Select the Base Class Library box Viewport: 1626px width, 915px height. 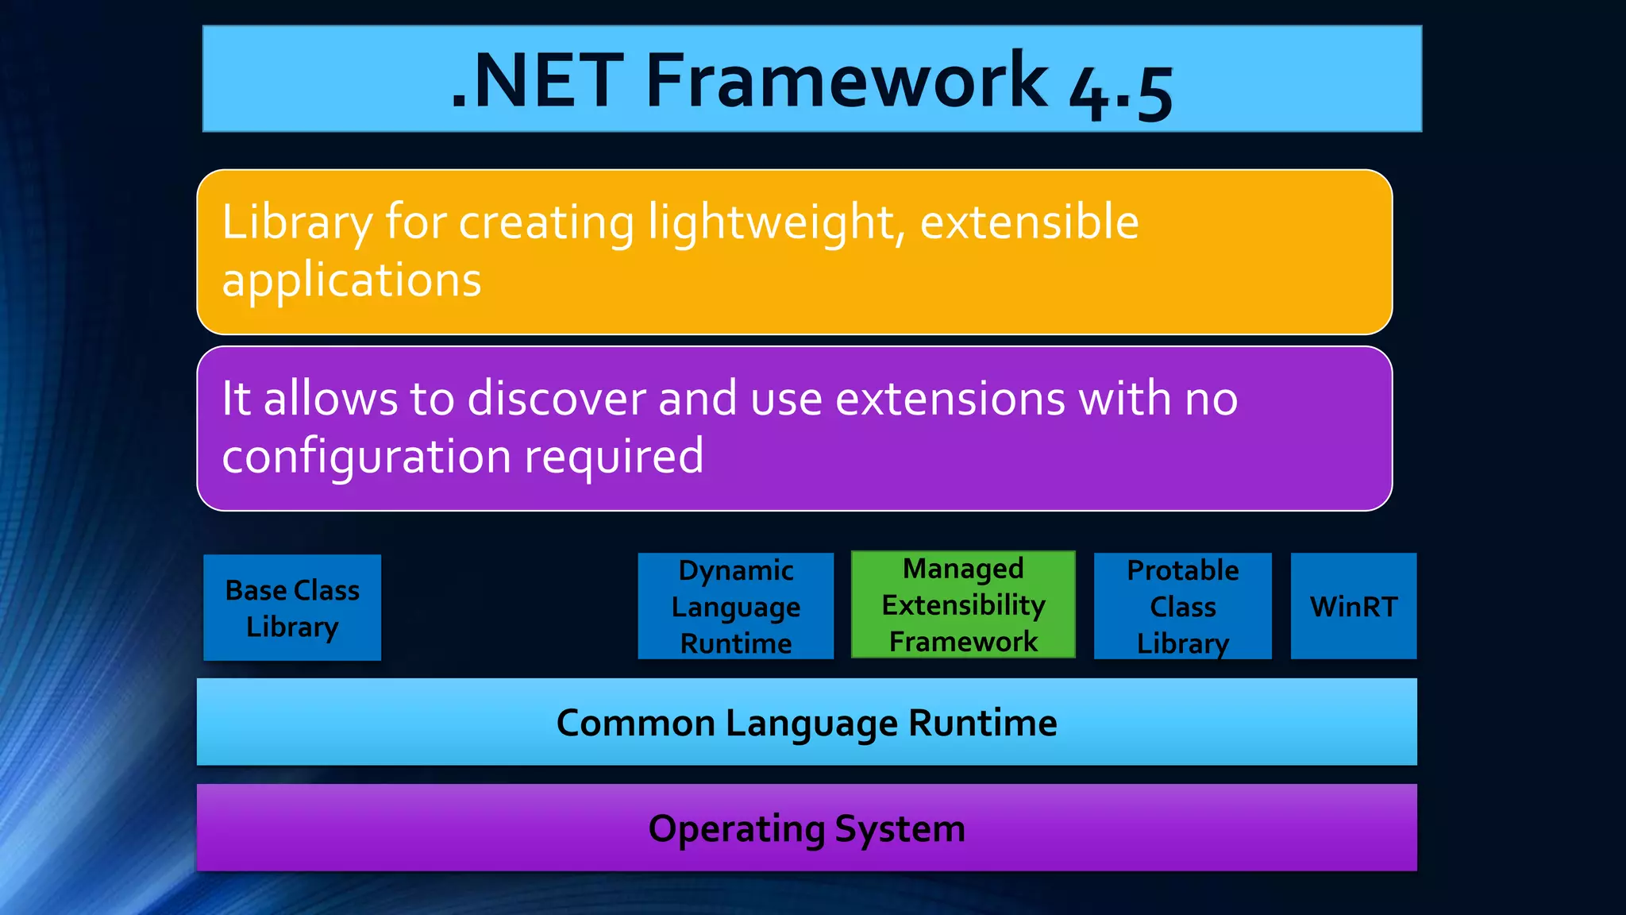pyautogui.click(x=292, y=608)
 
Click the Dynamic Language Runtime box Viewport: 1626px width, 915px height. pyautogui.click(x=735, y=606)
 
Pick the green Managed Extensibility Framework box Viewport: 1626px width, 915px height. pyautogui.click(x=963, y=604)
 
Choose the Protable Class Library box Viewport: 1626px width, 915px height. pyautogui.click(x=1182, y=606)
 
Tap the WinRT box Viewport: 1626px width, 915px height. pyautogui.click(x=1353, y=606)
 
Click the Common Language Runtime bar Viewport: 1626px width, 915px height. pyautogui.click(x=807, y=722)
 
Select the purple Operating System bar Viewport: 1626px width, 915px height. pyautogui.click(x=807, y=828)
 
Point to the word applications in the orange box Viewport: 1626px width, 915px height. pyautogui.click(x=352, y=280)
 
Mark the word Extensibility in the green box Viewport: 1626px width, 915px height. pyautogui.click(x=963, y=605)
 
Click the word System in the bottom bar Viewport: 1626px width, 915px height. pyautogui.click(x=900, y=829)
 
